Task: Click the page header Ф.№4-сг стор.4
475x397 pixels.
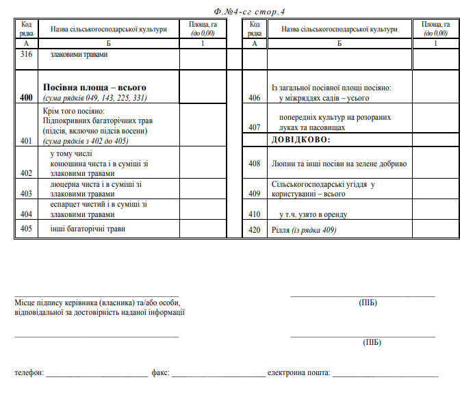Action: (x=249, y=12)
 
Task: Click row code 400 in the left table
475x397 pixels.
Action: (x=27, y=98)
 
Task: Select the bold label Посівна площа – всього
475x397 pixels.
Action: (x=94, y=88)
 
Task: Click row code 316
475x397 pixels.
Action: (x=27, y=54)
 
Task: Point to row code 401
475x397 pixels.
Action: (x=27, y=141)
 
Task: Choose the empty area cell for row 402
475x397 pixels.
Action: (x=203, y=163)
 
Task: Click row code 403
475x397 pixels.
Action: (x=27, y=194)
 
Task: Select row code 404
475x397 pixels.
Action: (x=27, y=214)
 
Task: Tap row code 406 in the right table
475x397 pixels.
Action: (x=255, y=98)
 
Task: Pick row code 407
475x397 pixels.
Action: (x=255, y=127)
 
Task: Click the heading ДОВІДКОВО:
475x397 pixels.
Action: (x=300, y=140)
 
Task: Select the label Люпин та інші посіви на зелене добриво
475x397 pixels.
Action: (x=339, y=164)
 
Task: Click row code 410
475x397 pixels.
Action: (x=255, y=214)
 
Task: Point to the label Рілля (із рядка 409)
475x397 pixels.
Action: (x=304, y=230)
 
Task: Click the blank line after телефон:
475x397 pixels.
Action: (x=97, y=374)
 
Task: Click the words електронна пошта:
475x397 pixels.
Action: (x=298, y=374)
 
